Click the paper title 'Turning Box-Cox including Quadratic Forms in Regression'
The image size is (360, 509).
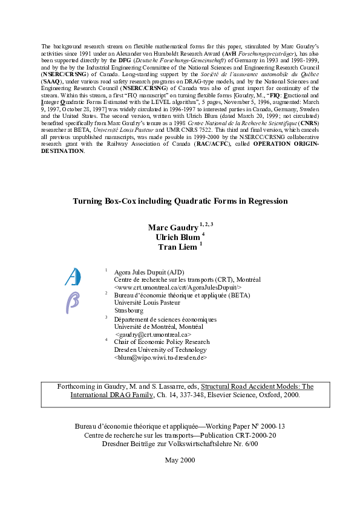(x=180, y=201)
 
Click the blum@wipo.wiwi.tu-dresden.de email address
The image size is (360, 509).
(x=160, y=357)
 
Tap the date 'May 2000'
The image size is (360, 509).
(x=180, y=460)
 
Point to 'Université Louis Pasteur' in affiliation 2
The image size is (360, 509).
(x=147, y=303)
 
